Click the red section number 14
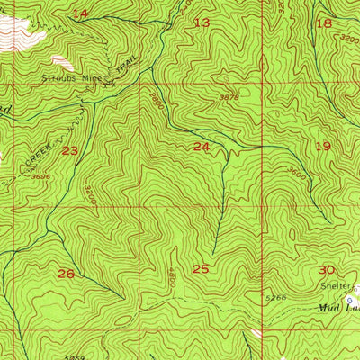(x=81, y=13)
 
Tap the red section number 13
(x=202, y=22)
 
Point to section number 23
(x=70, y=150)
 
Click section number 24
(x=201, y=146)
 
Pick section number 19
(x=323, y=146)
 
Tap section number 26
(x=66, y=273)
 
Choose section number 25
(x=201, y=268)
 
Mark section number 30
(x=326, y=269)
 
